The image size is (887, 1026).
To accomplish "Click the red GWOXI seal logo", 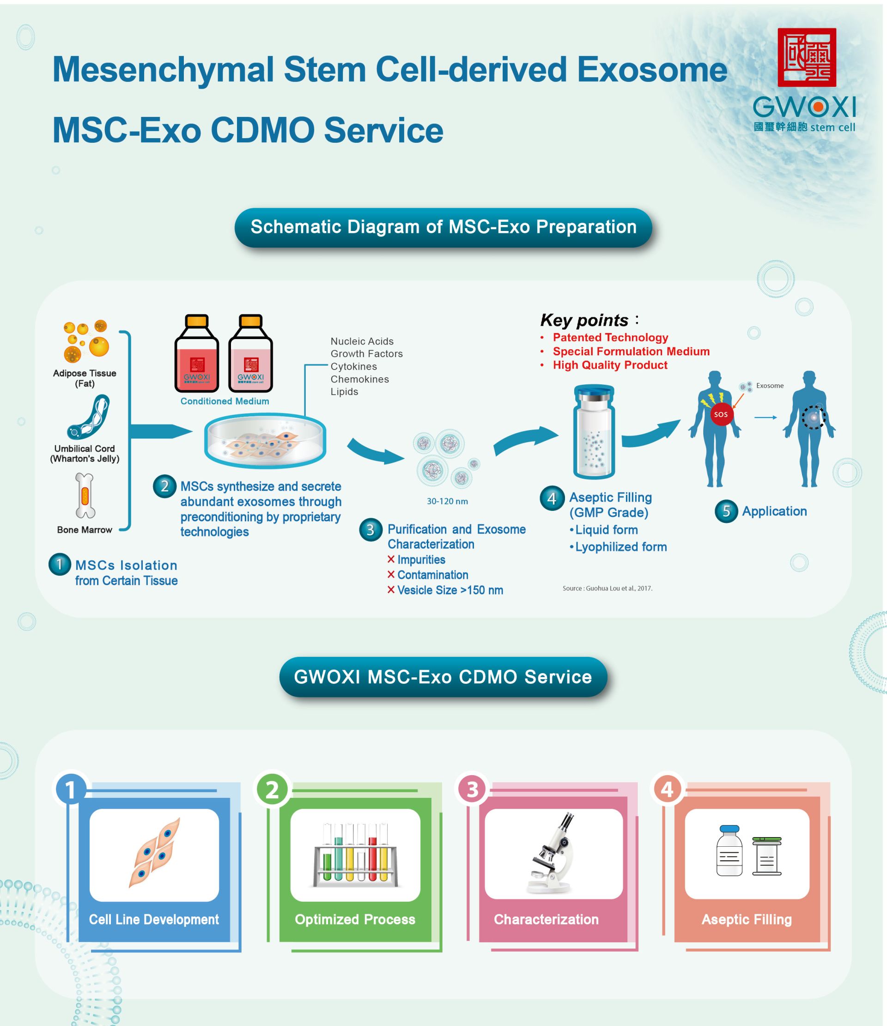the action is [807, 57].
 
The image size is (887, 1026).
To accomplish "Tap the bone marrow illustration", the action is [85, 495].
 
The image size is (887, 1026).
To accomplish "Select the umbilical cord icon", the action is [88, 418].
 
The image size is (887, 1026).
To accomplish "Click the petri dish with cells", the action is [266, 441].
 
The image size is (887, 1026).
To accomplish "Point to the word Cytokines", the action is [353, 366].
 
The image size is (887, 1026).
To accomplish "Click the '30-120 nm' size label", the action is [447, 501].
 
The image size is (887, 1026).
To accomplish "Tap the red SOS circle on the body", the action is [721, 414].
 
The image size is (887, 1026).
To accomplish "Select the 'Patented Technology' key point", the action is [610, 337].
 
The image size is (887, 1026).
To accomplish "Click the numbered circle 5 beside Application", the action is [727, 511].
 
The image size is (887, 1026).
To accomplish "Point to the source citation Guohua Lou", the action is [607, 588].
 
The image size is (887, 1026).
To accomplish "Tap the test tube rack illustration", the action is [355, 854].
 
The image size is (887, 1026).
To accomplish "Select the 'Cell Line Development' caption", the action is [154, 920].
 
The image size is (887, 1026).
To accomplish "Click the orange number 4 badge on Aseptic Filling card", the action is [667, 789].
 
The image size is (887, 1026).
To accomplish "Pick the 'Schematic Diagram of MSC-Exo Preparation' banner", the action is [443, 227].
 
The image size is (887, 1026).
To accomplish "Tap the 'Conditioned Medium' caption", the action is [225, 401].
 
